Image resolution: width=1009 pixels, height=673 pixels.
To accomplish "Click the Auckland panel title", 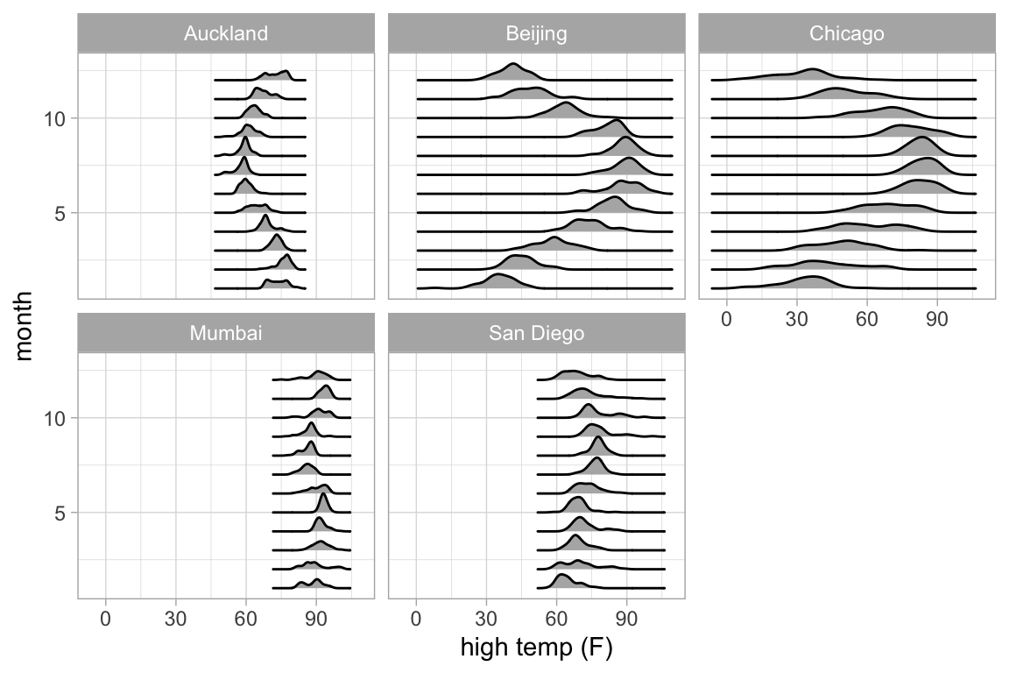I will (x=226, y=34).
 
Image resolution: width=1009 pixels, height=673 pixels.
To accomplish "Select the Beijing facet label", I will (x=536, y=34).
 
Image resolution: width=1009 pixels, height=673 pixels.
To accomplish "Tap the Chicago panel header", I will (x=847, y=34).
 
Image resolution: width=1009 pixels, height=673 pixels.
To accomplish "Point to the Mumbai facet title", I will (x=226, y=334).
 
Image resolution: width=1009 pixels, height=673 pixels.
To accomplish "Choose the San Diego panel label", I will (x=536, y=334).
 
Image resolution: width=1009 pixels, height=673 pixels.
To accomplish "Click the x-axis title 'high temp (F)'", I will (x=536, y=649).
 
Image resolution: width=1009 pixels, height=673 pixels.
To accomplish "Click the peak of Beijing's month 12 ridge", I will (x=512, y=65).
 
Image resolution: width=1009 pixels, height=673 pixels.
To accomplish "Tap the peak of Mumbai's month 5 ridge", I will (x=323, y=494).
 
